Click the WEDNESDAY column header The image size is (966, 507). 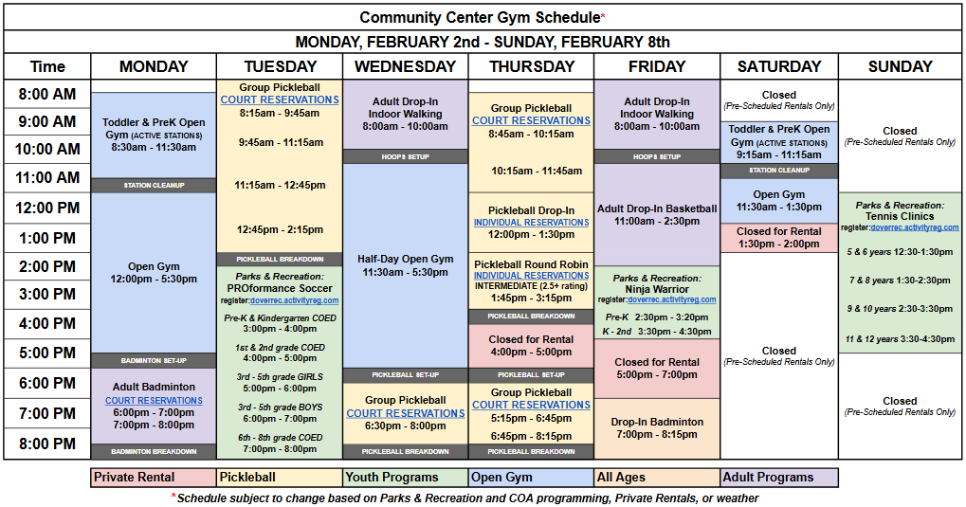(x=405, y=66)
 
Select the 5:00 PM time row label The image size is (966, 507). (x=47, y=353)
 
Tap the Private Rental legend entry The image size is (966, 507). (x=154, y=478)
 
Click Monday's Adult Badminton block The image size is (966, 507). (x=154, y=387)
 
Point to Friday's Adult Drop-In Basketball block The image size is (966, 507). (x=656, y=208)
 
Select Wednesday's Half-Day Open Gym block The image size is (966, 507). (x=405, y=259)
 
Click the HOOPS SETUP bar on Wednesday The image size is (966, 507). (x=405, y=156)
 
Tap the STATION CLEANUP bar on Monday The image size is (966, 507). (x=154, y=185)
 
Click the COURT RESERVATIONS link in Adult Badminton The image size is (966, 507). (x=154, y=401)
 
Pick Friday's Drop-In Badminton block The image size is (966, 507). (x=656, y=423)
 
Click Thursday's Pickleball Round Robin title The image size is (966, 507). (x=531, y=264)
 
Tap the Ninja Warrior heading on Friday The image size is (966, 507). (x=656, y=289)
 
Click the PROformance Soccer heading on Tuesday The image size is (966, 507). (x=279, y=288)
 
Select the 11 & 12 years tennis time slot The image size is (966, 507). (x=900, y=339)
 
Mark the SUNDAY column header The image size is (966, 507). (x=900, y=66)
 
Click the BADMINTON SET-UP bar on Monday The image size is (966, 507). (x=154, y=361)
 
